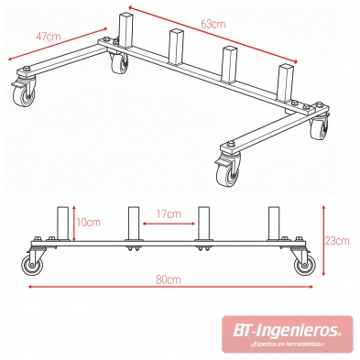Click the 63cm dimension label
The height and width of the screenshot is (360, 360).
[x=212, y=25]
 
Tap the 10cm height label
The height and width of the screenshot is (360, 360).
[x=88, y=223]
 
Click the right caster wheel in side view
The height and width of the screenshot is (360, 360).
[x=303, y=266]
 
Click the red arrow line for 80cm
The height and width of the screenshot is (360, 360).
[x=168, y=286]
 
